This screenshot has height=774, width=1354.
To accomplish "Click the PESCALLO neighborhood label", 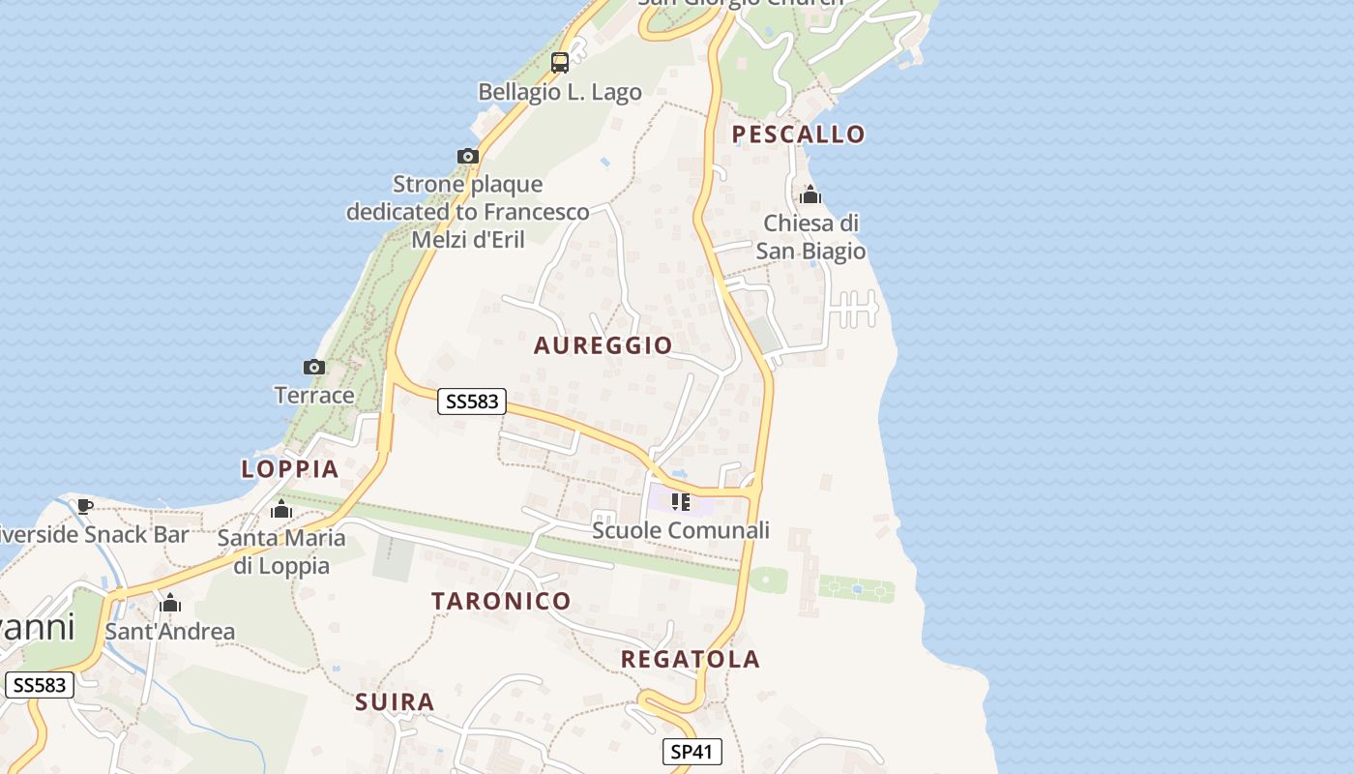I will (798, 134).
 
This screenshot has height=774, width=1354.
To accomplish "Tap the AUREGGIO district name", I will (603, 345).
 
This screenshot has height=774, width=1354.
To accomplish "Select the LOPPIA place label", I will (289, 469).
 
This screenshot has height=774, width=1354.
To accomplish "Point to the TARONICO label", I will (501, 601).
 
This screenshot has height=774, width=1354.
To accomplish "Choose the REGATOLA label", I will (690, 660).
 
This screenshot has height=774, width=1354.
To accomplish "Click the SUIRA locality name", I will (395, 702).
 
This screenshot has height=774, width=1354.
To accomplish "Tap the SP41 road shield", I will (692, 752).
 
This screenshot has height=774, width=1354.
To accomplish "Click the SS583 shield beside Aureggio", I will (472, 401).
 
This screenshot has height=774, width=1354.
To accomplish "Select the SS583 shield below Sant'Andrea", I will (40, 685).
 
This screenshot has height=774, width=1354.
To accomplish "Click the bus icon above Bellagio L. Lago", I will (559, 63).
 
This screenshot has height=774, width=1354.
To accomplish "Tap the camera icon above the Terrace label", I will (314, 367).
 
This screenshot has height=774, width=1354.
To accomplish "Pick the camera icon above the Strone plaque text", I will (468, 156).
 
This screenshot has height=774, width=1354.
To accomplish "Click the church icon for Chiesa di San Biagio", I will (810, 195).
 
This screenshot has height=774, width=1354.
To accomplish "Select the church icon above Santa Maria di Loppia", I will (281, 509).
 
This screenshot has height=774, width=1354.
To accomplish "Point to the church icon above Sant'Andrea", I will (170, 604).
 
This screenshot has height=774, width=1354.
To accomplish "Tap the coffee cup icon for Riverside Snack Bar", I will (85, 506).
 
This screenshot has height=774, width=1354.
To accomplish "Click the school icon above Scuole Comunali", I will (681, 502).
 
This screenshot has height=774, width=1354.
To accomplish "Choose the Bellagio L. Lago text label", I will (560, 92).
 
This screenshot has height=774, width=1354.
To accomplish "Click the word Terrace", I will (314, 395).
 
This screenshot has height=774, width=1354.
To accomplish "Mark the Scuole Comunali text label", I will (681, 530).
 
